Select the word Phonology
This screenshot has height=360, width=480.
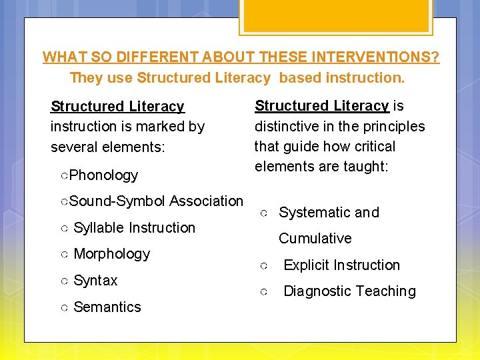coord(103,175)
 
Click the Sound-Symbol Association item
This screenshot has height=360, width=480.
coord(156,201)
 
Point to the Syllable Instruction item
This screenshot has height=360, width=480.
coord(134,228)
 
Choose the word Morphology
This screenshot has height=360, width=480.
coord(111,254)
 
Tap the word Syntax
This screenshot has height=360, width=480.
coord(95,281)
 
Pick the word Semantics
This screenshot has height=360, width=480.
coord(107,307)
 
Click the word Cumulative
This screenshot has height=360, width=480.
coord(315,239)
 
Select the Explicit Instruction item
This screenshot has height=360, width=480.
coord(341,265)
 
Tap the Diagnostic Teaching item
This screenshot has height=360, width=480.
coord(349,291)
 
